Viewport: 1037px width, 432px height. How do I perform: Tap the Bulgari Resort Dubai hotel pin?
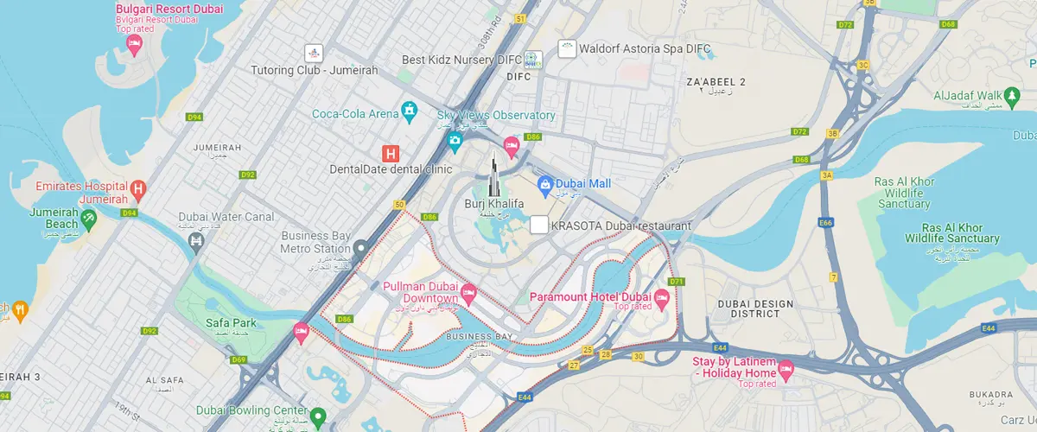(134, 44)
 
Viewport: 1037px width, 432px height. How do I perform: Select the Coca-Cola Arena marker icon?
(410, 111)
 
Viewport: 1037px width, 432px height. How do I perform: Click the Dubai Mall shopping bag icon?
(545, 183)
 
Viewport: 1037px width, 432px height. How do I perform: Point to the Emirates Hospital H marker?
(137, 187)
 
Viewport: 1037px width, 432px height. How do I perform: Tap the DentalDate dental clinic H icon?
(391, 153)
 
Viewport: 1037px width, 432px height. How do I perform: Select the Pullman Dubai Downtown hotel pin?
(469, 294)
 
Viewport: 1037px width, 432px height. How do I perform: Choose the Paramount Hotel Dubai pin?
(663, 298)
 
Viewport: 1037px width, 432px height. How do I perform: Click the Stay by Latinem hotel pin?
(786, 372)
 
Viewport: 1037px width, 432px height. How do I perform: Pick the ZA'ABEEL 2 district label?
(715, 81)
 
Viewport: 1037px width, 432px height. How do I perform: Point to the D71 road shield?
(676, 282)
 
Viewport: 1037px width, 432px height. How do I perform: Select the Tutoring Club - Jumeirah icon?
(314, 53)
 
